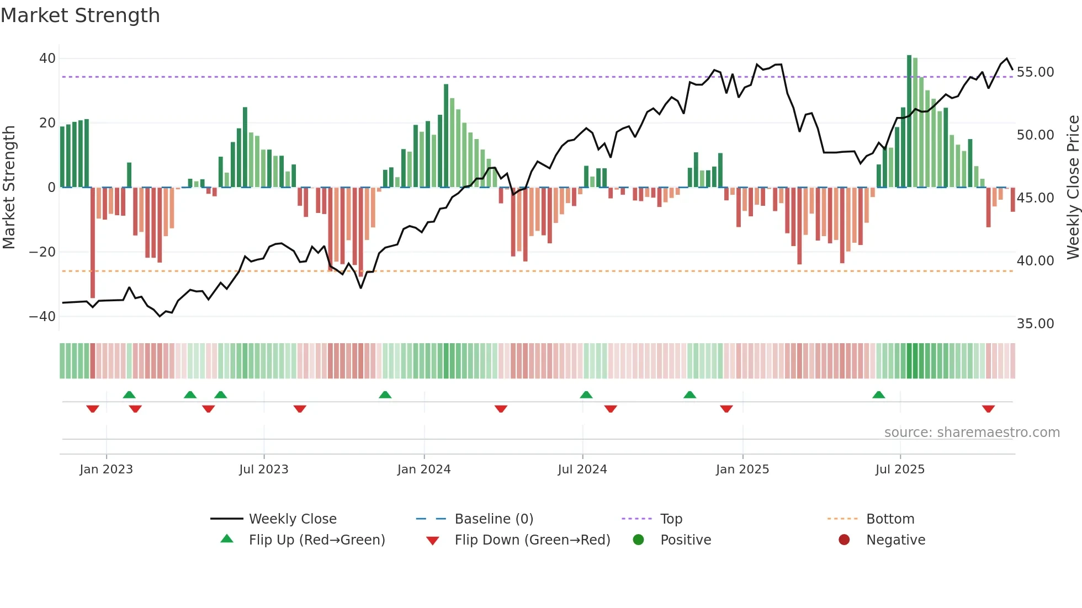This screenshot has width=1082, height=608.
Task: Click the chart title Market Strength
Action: (x=80, y=15)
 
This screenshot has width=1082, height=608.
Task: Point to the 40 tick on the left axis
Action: (x=47, y=58)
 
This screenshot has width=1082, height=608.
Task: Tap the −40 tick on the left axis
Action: (x=43, y=317)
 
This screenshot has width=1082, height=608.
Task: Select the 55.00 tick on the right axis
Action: (x=1035, y=72)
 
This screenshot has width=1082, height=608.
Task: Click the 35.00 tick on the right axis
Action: (x=1035, y=324)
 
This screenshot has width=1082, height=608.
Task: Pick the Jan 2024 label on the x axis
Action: (x=423, y=470)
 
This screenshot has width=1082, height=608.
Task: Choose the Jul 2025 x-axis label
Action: (x=899, y=470)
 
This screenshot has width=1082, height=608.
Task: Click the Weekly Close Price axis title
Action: (x=1073, y=188)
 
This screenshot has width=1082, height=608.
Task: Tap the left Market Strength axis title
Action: (x=9, y=188)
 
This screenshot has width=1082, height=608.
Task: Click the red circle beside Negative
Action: (x=844, y=540)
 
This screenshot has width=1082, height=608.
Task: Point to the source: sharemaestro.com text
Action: (x=972, y=433)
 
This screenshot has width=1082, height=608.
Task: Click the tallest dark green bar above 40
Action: (x=909, y=121)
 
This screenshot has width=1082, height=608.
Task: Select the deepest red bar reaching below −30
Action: (x=93, y=243)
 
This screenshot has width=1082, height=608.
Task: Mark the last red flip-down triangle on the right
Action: (x=988, y=409)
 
